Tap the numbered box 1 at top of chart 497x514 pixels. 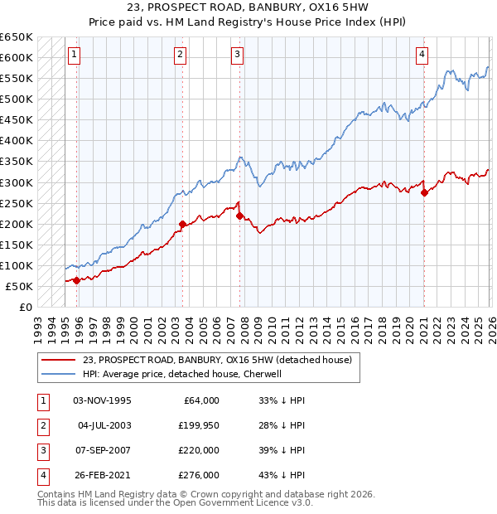pos(74,55)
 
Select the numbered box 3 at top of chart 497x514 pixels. pos(237,55)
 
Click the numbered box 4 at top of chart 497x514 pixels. pos(422,55)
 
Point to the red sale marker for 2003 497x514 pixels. pos(182,224)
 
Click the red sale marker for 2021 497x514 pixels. pos(424,192)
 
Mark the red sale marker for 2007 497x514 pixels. pos(239,216)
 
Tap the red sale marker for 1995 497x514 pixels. pos(77,280)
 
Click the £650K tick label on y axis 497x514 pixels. pos(17,37)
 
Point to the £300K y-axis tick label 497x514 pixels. pos(17,182)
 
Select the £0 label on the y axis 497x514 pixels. pos(25,308)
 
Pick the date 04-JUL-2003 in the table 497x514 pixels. pos(104,425)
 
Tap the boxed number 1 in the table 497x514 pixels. pos(41,400)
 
